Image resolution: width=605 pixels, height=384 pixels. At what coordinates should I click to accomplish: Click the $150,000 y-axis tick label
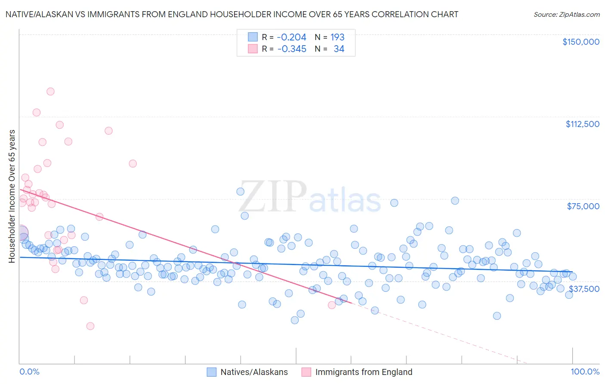pyautogui.click(x=580, y=42)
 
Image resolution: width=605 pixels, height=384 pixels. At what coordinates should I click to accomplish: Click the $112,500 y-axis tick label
pyautogui.click(x=582, y=124)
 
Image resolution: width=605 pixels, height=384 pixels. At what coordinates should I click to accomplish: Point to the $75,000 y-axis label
pyautogui.click(x=583, y=206)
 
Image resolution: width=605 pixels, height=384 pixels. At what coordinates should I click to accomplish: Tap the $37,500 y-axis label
pyautogui.click(x=584, y=289)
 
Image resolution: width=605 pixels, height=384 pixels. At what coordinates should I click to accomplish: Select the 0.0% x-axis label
pyautogui.click(x=29, y=372)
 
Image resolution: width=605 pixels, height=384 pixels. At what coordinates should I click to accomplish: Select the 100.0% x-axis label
pyautogui.click(x=585, y=372)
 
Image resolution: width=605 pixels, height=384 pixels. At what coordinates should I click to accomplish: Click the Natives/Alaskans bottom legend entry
pyautogui.click(x=254, y=372)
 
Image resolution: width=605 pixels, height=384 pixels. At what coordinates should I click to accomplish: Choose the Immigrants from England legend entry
pyautogui.click(x=364, y=372)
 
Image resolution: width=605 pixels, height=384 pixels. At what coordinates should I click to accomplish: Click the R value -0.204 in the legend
pyautogui.click(x=291, y=37)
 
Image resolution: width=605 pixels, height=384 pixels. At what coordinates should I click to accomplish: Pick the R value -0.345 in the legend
pyautogui.click(x=291, y=49)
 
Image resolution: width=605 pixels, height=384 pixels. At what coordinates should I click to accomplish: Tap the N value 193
pyautogui.click(x=337, y=37)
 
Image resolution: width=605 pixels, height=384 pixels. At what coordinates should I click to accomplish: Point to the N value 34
pyautogui.click(x=339, y=49)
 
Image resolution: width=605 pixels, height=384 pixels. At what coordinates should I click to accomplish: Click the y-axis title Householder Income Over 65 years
pyautogui.click(x=12, y=196)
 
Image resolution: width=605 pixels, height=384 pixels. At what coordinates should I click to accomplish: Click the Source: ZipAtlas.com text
pyautogui.click(x=566, y=14)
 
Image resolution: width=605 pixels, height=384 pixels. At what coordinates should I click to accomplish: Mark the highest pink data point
pyautogui.click(x=50, y=91)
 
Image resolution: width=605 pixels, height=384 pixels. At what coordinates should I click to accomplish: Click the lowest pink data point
pyautogui.click(x=90, y=326)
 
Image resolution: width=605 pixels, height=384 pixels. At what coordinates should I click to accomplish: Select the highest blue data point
pyautogui.click(x=241, y=192)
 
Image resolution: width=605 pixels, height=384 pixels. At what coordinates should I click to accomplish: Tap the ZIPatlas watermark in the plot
pyautogui.click(x=310, y=198)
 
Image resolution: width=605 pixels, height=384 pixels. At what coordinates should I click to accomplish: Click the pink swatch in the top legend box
pyautogui.click(x=253, y=49)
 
